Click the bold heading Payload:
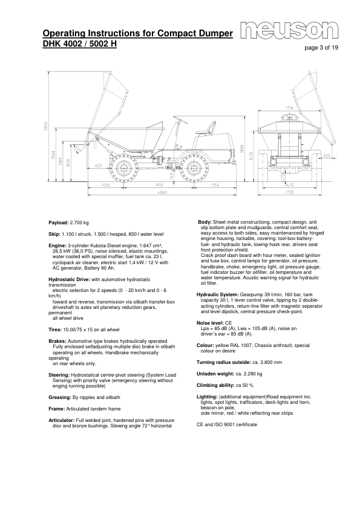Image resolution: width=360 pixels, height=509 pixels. [59, 223]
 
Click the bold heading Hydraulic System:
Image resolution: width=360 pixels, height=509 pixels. [217, 294]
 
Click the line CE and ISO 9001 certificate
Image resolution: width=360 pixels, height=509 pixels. [227, 424]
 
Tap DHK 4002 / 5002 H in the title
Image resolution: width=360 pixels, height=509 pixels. [79, 44]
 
